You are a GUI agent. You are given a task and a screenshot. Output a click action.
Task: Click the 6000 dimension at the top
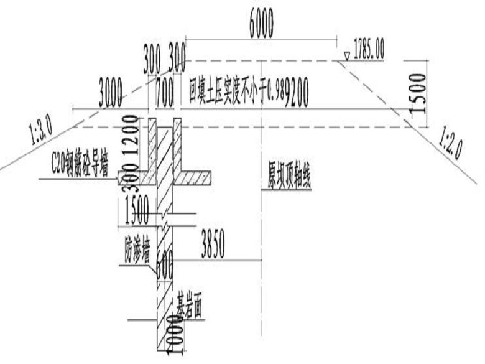tap(261, 26)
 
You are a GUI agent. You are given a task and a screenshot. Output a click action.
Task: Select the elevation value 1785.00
tap(369, 49)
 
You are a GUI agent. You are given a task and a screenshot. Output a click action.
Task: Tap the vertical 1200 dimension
tap(129, 137)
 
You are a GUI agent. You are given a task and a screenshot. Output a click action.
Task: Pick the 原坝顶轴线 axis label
tap(285, 179)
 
